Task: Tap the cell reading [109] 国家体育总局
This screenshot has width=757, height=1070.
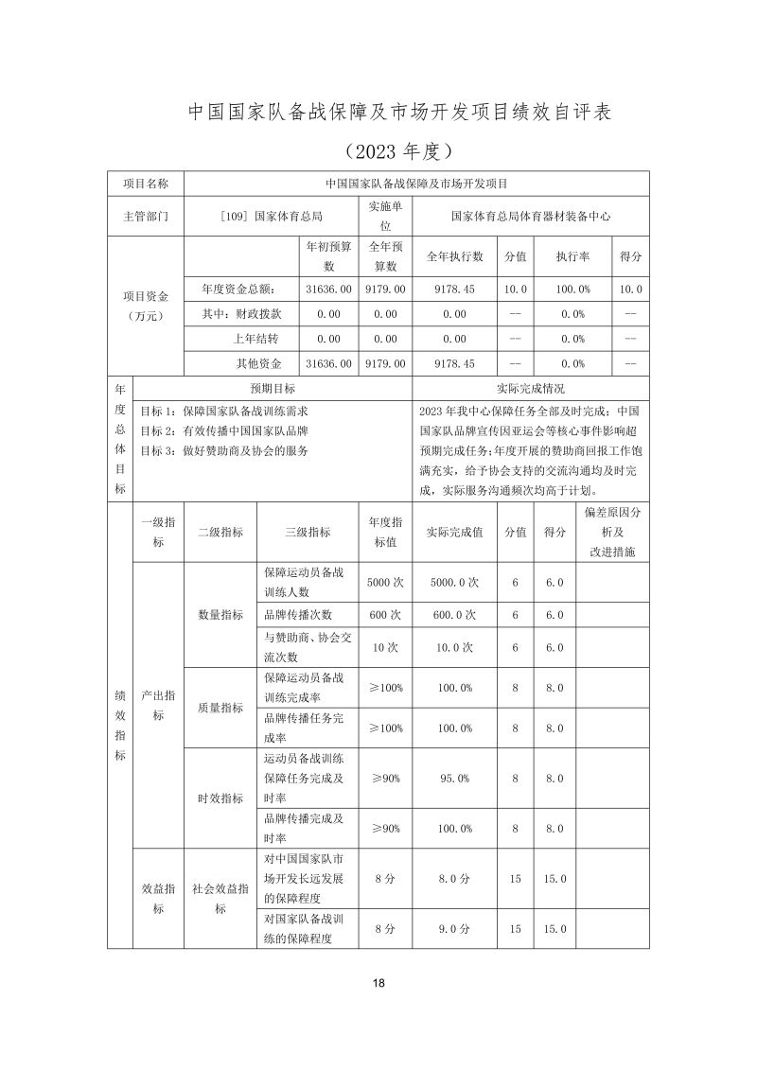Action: point(271,216)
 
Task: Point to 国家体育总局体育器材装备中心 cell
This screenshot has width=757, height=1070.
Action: point(531,216)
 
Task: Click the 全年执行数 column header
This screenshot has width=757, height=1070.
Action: point(455,256)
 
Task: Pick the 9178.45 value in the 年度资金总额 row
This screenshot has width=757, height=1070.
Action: point(455,289)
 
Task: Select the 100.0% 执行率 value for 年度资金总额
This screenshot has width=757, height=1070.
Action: point(573,289)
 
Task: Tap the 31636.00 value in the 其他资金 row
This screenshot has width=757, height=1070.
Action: point(329,363)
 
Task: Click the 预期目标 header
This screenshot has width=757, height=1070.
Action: point(273,388)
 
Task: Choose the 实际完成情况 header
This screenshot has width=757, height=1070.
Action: point(531,388)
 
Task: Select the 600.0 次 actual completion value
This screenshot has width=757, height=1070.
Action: point(455,615)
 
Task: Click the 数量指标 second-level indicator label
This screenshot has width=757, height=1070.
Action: point(220,615)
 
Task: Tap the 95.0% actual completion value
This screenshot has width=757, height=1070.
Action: point(455,779)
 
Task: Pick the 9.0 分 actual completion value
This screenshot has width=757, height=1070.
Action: point(455,929)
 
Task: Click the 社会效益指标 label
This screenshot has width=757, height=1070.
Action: point(220,899)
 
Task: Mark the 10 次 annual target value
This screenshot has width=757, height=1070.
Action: point(385,647)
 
